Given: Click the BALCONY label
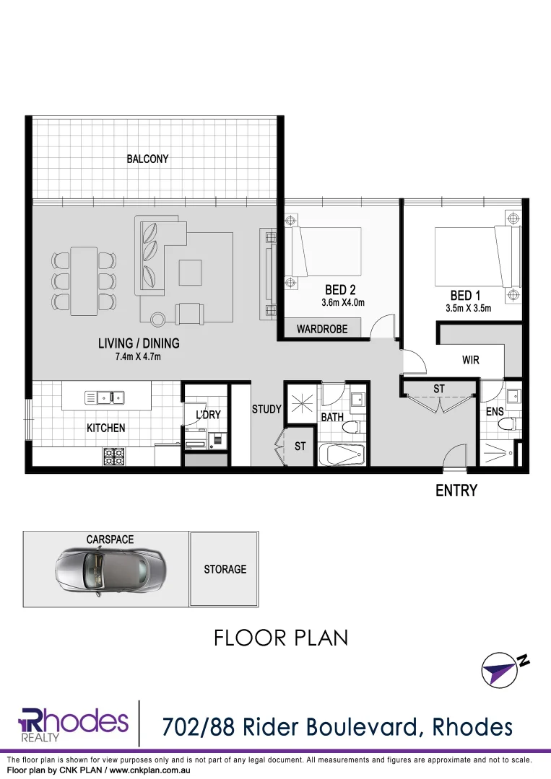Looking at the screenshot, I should coord(147,159).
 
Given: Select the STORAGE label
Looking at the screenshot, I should coord(225,569).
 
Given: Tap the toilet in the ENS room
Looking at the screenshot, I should coord(510,424).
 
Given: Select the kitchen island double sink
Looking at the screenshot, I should coord(105,397).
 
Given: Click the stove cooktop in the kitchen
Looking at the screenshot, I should coord(114,455).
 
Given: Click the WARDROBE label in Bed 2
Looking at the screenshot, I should coord(322,329).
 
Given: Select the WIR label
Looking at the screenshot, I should coord(471,359).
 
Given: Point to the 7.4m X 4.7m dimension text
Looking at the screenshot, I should coord(139,356).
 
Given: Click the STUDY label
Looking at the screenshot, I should coord(266,409).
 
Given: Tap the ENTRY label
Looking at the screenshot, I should coord(456,490).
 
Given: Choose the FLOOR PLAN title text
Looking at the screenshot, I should coord(281,638).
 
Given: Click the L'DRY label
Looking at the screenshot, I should coord(208,415).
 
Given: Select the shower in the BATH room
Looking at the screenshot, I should coord(299,404).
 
